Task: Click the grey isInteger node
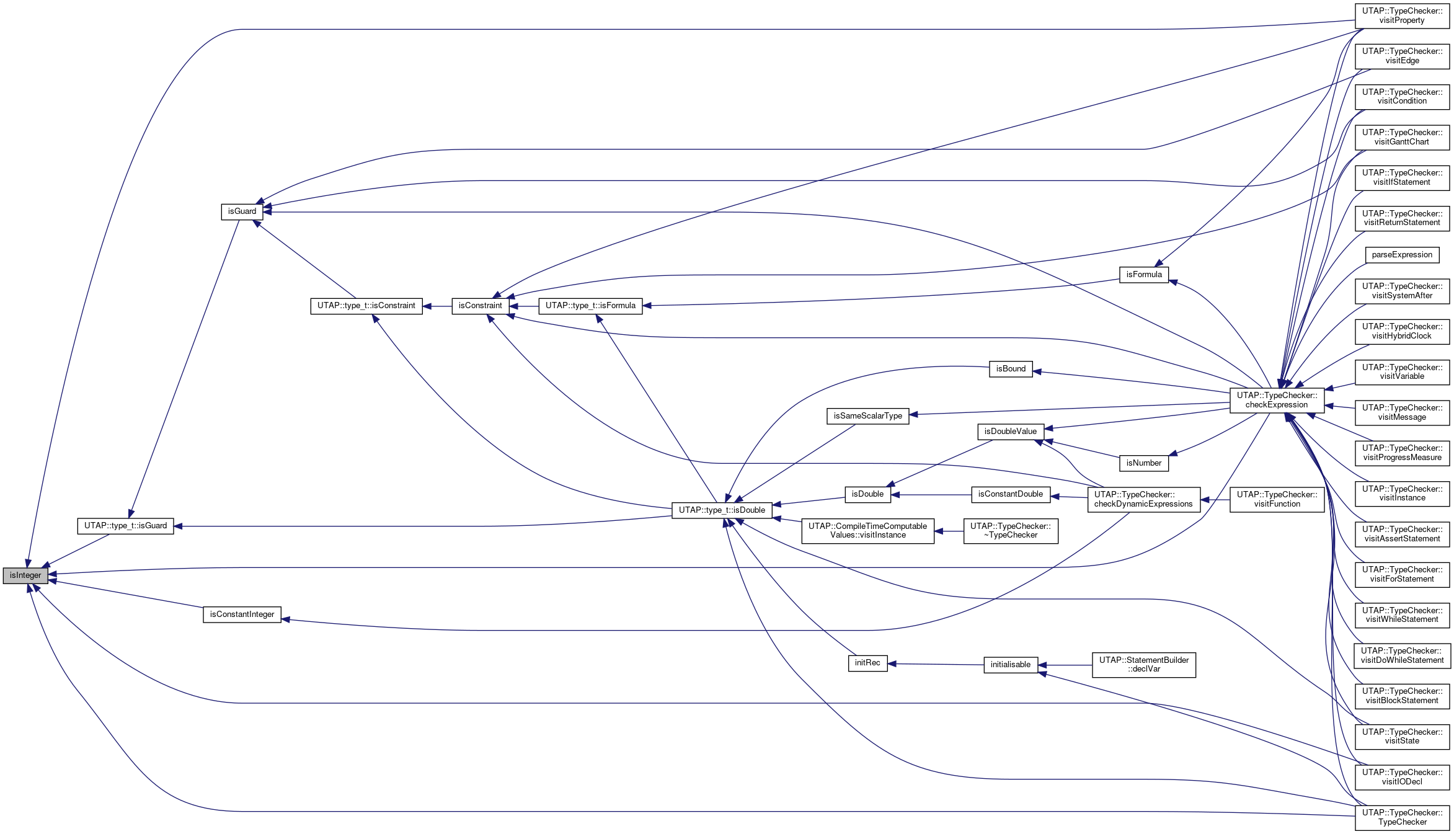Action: coord(25,575)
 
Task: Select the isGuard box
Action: coord(242,211)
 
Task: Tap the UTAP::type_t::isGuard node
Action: coord(125,526)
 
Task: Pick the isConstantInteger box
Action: coord(242,614)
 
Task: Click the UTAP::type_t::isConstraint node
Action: coord(366,306)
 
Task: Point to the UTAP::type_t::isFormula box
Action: coord(590,306)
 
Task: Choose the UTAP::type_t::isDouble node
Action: coord(722,510)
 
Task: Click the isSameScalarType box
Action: coord(867,416)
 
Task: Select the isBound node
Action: coord(1011,369)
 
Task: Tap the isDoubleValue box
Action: coord(1010,432)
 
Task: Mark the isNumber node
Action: coord(1143,463)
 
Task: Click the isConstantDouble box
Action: coord(1010,494)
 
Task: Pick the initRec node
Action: coord(867,663)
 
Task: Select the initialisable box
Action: coord(1010,665)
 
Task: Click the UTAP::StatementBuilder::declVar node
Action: coord(1143,665)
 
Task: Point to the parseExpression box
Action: coord(1402,255)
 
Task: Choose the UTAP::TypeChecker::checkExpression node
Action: coord(1277,400)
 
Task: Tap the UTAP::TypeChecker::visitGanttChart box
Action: coord(1402,137)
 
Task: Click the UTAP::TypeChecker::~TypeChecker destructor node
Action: coord(1010,531)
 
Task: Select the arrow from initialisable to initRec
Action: coord(936,664)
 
